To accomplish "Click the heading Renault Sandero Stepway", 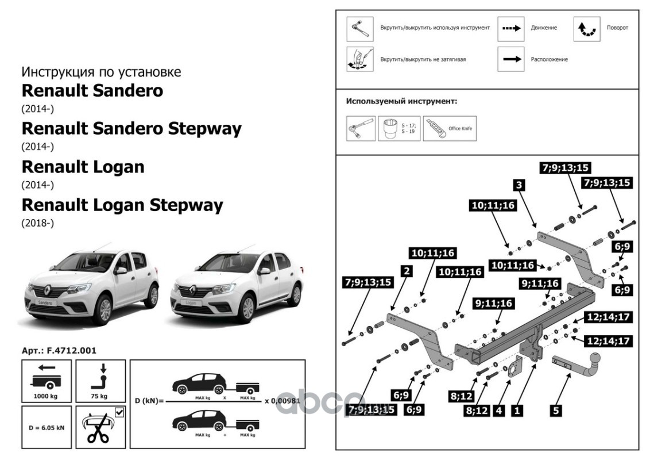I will coord(131,129).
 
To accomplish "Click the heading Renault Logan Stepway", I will coord(122,205).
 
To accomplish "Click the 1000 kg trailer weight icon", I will coord(47,379).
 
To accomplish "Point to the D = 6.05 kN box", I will coord(47,427).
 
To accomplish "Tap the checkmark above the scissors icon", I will coord(119,412).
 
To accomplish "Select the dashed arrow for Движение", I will coord(510,28).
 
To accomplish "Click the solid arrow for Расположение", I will coord(510,59).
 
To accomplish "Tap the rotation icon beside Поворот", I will coord(587,28).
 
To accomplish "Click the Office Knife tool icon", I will coord(438,128).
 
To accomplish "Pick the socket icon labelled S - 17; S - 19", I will coord(392,128).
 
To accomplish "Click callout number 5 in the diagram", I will coord(556,411).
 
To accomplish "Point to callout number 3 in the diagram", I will coord(518,185).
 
